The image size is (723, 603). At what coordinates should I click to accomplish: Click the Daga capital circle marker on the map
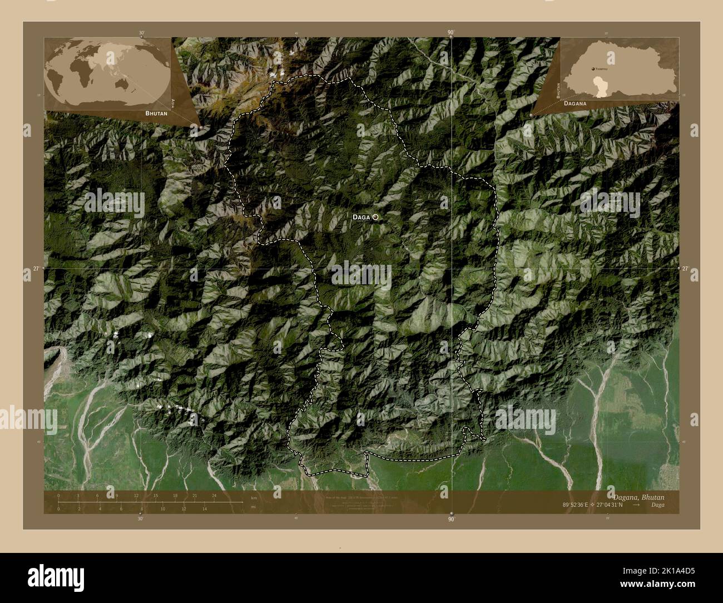coord(376,217)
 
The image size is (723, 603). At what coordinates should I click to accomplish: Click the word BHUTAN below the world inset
coord(156,113)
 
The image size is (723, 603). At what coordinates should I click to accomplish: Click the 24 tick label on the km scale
coord(214,495)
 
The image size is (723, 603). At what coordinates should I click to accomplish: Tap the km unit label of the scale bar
coord(254,497)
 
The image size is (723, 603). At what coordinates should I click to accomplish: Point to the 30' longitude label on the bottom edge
coord(140,518)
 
